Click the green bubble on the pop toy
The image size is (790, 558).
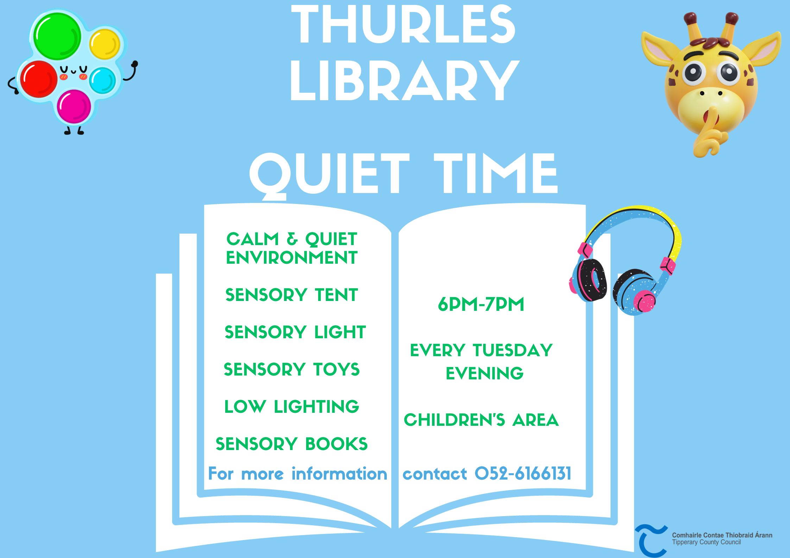pyautogui.click(x=57, y=36)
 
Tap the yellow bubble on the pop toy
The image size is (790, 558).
pyautogui.click(x=105, y=45)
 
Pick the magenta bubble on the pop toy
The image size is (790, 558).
pyautogui.click(x=74, y=107)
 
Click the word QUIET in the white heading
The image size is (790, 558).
pyautogui.click(x=329, y=175)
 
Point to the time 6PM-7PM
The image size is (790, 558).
pyautogui.click(x=481, y=304)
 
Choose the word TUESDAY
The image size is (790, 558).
pyautogui.click(x=513, y=350)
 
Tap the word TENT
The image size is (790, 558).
pyautogui.click(x=336, y=295)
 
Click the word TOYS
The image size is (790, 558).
pyautogui.click(x=336, y=369)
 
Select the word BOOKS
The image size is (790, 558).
pyautogui.click(x=336, y=444)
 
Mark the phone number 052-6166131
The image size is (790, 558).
pyautogui.click(x=523, y=473)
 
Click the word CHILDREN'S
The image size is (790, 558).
pyautogui.click(x=454, y=420)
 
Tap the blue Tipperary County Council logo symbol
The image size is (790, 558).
pyautogui.click(x=651, y=541)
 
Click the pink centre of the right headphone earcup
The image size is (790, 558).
pyautogui.click(x=645, y=301)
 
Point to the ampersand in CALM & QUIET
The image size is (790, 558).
pyautogui.click(x=292, y=239)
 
